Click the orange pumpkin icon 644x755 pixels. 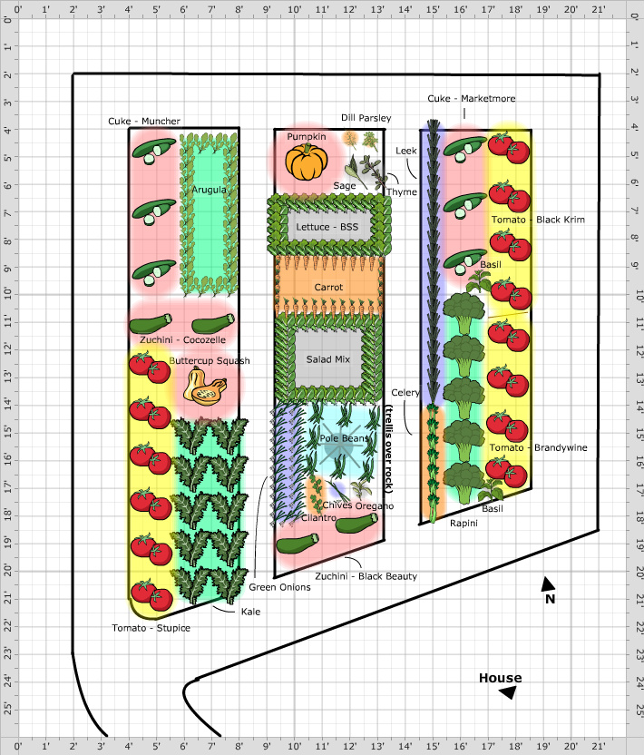(306, 162)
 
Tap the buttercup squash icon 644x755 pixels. (205, 386)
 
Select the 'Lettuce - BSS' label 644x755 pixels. (327, 227)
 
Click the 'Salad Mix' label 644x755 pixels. (327, 359)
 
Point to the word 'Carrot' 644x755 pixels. (328, 287)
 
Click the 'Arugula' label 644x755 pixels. (209, 190)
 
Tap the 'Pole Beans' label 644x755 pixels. (344, 438)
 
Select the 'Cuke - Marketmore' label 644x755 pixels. (471, 98)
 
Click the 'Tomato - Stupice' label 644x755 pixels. (151, 628)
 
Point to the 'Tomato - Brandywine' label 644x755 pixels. (538, 447)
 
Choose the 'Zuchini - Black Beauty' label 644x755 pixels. (366, 576)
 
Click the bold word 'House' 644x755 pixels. (500, 678)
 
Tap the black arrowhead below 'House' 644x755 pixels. (508, 692)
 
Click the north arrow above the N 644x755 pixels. (547, 584)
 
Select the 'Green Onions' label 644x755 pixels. (279, 587)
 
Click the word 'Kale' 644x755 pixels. (250, 612)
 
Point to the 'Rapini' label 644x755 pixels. (463, 524)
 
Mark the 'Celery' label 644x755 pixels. (405, 392)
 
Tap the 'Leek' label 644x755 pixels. (405, 151)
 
